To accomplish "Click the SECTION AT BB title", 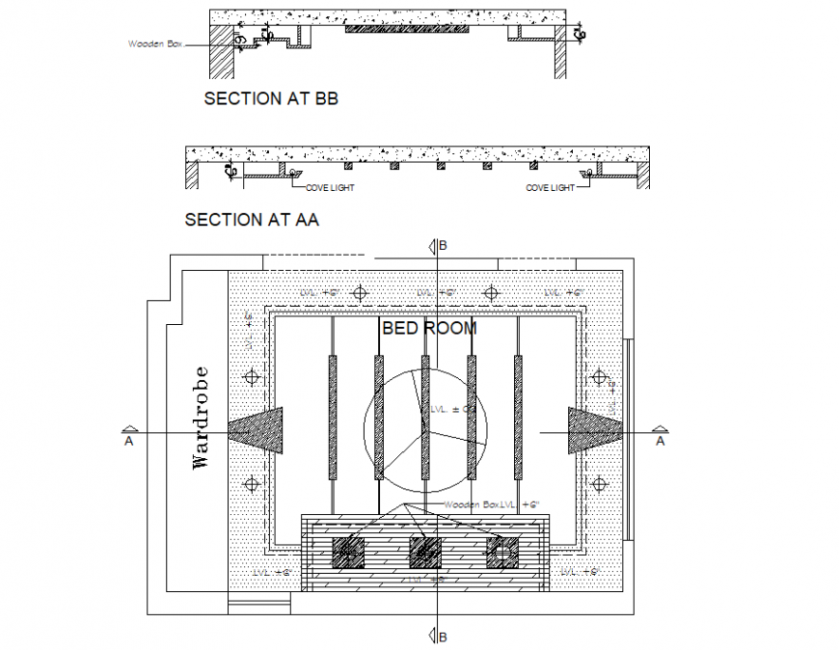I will pos(270,98).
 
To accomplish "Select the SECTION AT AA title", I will pos(252,220).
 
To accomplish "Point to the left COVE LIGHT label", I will pos(330,188).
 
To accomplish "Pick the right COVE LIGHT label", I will pos(550,188).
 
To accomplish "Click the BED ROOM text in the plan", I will pos(429,328).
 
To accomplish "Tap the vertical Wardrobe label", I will pos(200,417).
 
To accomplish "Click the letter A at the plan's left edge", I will pos(128,441).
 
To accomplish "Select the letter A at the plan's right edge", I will pos(660,441).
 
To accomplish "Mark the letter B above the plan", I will pos(443,246).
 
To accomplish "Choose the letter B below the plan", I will pos(443,636).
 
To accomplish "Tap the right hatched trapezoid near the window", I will pos(591,430).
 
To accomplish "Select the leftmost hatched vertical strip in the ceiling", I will pos(333,417).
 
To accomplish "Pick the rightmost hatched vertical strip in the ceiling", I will pos(518,417).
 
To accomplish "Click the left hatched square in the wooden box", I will pos(347,552).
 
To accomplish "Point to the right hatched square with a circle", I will pos(501,552).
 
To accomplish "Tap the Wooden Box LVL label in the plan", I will pos(491,504).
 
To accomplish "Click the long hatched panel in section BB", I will pos(407,29).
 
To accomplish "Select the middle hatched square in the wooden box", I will pos(424,552).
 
